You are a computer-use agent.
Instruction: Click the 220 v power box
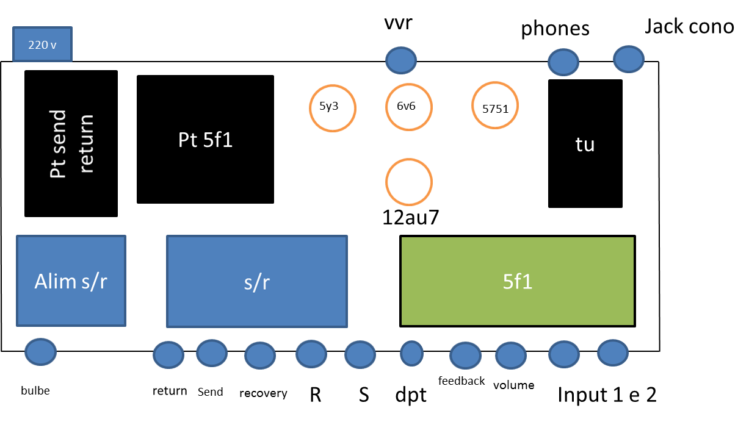click(x=42, y=44)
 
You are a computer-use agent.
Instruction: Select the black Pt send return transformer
click(x=71, y=143)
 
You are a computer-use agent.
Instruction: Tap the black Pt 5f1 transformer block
click(x=205, y=139)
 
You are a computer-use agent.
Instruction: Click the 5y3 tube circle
click(x=333, y=107)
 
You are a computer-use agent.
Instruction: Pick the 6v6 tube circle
click(x=408, y=107)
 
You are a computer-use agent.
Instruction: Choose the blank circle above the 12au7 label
click(x=408, y=182)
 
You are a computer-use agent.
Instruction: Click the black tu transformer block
click(x=585, y=144)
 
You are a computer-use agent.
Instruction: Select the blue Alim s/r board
click(x=71, y=281)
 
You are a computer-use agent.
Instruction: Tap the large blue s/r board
click(x=257, y=281)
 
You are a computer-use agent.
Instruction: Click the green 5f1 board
click(x=518, y=281)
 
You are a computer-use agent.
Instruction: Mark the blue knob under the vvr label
click(x=401, y=60)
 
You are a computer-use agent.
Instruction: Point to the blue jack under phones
click(x=563, y=62)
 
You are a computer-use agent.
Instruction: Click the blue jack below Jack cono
click(x=628, y=59)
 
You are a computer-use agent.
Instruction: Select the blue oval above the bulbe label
click(x=40, y=352)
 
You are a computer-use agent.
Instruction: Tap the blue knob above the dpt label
click(x=411, y=352)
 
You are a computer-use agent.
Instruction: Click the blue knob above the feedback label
click(x=465, y=356)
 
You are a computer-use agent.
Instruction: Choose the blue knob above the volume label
click(x=511, y=354)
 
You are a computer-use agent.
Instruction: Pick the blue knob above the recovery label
click(x=260, y=356)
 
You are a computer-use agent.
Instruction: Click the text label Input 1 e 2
click(x=607, y=395)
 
